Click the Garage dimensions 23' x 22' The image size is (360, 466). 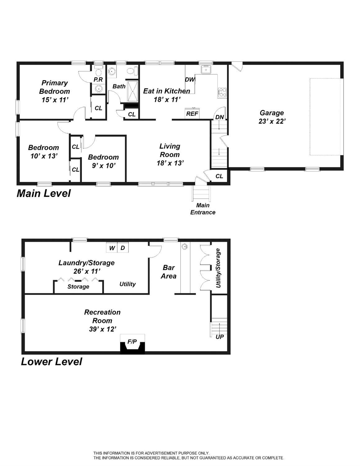coord(272,122)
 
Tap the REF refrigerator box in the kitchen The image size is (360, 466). coord(192,114)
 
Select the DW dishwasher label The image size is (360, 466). coord(190,80)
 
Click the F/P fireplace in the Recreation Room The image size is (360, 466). coord(132,344)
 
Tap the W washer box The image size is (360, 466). coord(112,248)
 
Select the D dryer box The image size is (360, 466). coord(123,248)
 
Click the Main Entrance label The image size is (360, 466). coord(203,209)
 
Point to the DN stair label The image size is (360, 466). coord(220,117)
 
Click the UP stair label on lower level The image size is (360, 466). coord(220,337)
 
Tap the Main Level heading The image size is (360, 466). coord(44,193)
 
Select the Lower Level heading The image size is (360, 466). coord(52,362)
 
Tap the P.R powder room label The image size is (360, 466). coord(98,80)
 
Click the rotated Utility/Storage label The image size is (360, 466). coord(218,268)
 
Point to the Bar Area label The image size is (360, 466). coord(169,272)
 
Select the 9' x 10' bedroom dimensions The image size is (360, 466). coord(103,166)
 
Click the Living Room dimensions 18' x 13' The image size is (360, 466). coord(170,163)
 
